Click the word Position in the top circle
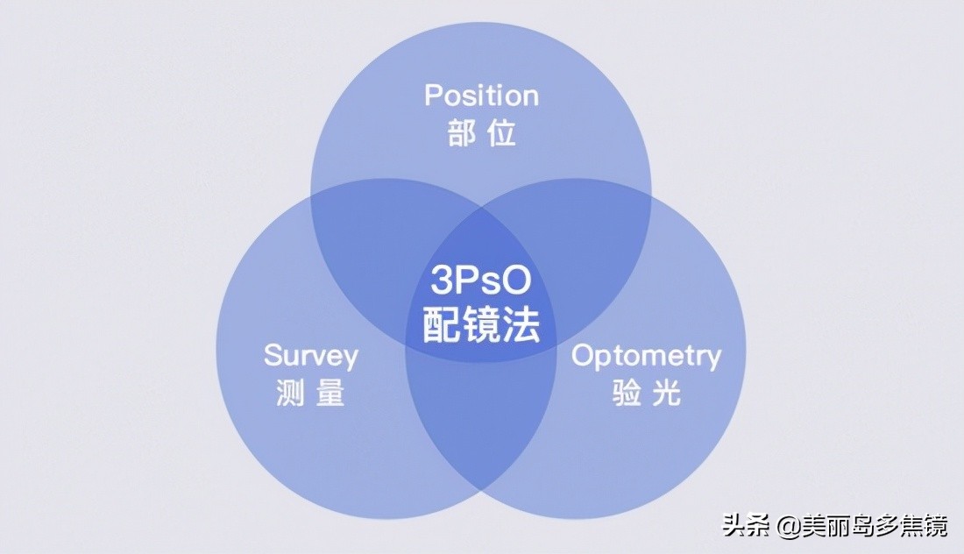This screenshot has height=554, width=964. point(481,96)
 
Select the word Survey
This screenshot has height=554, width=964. point(311,356)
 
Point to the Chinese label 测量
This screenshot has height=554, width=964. point(310,393)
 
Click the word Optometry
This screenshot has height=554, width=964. point(646,356)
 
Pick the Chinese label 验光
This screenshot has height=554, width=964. point(646,393)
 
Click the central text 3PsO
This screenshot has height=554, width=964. point(481,281)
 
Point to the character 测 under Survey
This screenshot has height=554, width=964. point(291,393)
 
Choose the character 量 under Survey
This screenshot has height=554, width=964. point(330,393)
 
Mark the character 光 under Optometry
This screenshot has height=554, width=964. point(665,393)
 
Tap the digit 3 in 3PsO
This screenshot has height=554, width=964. point(441,281)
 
